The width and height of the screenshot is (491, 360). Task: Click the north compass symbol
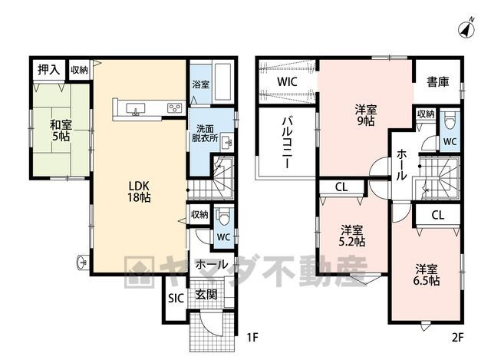(466, 28)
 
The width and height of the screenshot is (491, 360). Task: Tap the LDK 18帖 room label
(139, 191)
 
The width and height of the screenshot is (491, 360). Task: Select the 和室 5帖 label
(61, 130)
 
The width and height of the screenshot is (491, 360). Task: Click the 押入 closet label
(48, 70)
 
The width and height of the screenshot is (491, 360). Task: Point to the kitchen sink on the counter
(135, 109)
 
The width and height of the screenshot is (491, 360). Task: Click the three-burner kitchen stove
(174, 108)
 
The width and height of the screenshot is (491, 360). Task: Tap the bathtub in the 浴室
(222, 81)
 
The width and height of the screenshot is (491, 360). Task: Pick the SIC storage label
(176, 299)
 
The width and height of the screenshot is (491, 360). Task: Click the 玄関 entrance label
(206, 295)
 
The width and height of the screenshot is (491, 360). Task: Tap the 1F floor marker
(252, 338)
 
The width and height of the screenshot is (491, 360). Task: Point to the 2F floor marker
(457, 338)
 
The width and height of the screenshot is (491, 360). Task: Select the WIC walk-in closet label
(287, 82)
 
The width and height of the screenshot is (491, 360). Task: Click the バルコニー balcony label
(287, 143)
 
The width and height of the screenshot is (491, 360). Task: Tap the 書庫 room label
(438, 82)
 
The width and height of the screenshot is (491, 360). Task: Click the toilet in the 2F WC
(450, 123)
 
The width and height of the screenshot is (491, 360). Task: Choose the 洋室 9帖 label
(366, 116)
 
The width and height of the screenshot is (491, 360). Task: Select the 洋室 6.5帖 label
(427, 275)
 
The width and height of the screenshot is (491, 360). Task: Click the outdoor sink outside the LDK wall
(82, 262)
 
